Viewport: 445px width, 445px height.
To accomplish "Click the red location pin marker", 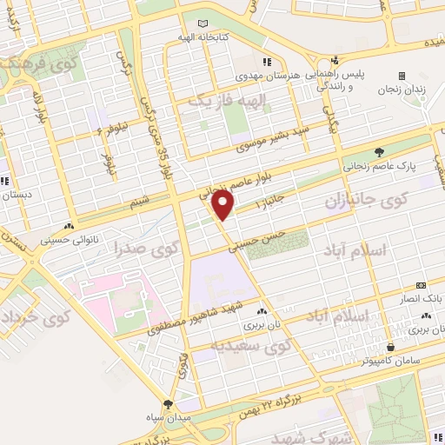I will pos(224,205).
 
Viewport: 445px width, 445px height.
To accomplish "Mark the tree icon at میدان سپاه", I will pos(168,404).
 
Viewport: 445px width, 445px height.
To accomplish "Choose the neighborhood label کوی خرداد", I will pos(31,325).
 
